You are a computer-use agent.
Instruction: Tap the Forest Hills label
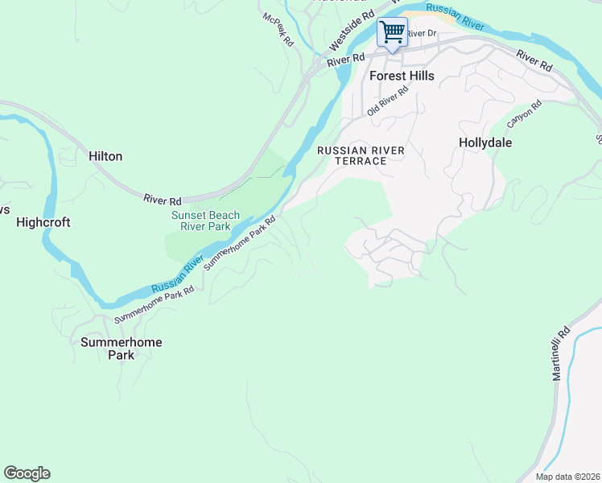(402, 76)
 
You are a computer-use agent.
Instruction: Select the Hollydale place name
(485, 142)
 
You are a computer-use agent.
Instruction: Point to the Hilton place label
(105, 156)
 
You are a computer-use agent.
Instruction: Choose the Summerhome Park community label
(122, 348)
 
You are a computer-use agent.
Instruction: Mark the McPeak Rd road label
(279, 28)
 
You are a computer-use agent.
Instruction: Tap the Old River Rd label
(388, 101)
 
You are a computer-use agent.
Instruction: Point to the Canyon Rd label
(525, 114)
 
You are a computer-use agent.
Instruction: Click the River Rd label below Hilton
(163, 198)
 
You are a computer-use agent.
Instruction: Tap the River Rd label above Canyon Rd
(534, 60)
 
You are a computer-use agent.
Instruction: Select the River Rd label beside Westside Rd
(346, 60)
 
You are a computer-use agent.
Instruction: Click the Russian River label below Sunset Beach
(175, 275)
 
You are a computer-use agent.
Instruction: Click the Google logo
(27, 473)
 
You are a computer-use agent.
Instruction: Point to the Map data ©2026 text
(567, 477)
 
